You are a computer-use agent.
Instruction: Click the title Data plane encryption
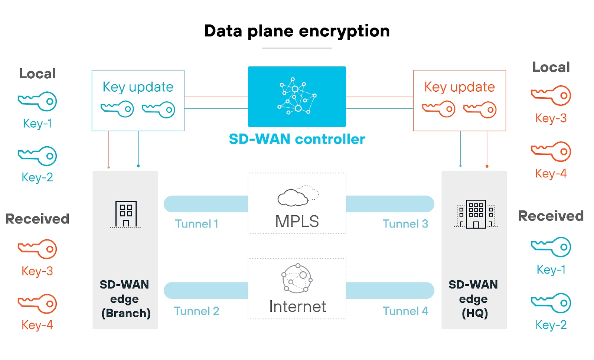pyautogui.click(x=297, y=31)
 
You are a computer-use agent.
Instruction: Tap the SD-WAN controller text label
pyautogui.click(x=297, y=139)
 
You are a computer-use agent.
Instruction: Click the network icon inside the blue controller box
pyautogui.click(x=297, y=96)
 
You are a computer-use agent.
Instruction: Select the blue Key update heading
pyautogui.click(x=138, y=87)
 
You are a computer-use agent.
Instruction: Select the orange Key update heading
pyautogui.click(x=459, y=87)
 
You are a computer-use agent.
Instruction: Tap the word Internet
pyautogui.click(x=297, y=307)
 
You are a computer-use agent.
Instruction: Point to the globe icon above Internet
pyautogui.click(x=297, y=278)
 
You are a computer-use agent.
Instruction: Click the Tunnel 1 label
pyautogui.click(x=196, y=224)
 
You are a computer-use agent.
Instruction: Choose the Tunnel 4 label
pyautogui.click(x=405, y=311)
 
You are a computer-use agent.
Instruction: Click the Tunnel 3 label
pyautogui.click(x=405, y=224)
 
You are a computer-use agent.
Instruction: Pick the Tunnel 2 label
pyautogui.click(x=196, y=311)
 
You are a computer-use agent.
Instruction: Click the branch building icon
pyautogui.click(x=126, y=214)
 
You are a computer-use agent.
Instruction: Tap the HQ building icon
pyautogui.click(x=476, y=214)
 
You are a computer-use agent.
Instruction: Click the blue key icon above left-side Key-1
pyautogui.click(x=37, y=101)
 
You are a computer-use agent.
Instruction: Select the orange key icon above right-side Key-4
pyautogui.click(x=551, y=151)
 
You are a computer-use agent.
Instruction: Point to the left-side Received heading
pyautogui.click(x=37, y=219)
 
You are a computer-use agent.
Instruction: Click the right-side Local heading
pyautogui.click(x=551, y=67)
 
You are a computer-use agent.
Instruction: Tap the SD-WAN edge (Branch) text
pyautogui.click(x=125, y=299)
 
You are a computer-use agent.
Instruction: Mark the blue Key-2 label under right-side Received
pyautogui.click(x=551, y=325)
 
